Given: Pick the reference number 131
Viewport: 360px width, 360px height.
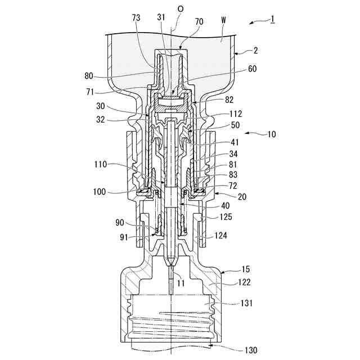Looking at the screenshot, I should (246, 303).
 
